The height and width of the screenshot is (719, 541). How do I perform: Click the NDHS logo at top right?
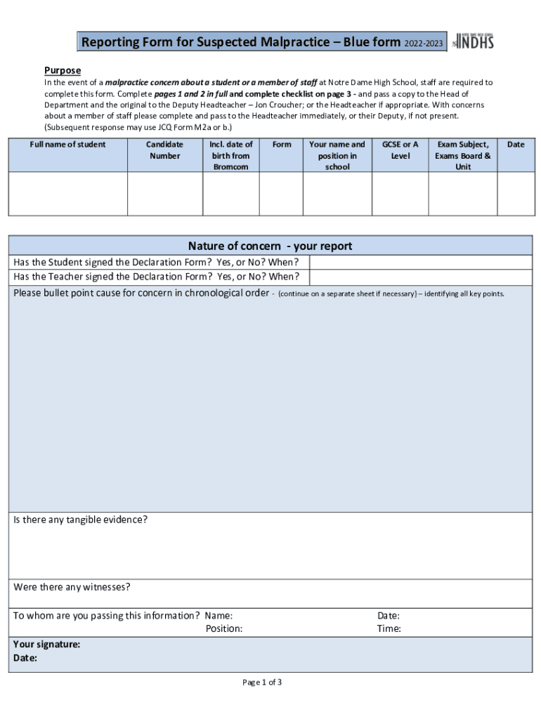(x=474, y=41)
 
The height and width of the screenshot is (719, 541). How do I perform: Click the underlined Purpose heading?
(x=63, y=70)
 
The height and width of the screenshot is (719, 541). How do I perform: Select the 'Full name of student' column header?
(x=67, y=145)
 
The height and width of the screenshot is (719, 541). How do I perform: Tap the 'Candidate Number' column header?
(x=164, y=150)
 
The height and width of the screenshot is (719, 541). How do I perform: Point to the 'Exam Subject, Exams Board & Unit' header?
(x=462, y=155)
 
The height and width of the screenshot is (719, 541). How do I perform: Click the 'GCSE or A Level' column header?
(x=400, y=150)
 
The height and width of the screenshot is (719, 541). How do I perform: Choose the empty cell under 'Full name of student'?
(x=67, y=194)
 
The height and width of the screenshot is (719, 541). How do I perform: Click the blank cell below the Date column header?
(x=516, y=194)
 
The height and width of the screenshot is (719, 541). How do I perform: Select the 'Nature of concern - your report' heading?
(x=270, y=246)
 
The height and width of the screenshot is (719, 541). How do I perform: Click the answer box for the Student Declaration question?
(x=420, y=262)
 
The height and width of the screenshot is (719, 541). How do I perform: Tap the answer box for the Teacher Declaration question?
(x=420, y=277)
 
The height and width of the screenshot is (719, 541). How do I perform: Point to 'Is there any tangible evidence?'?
(x=81, y=520)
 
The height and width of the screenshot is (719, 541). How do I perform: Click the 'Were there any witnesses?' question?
(x=72, y=587)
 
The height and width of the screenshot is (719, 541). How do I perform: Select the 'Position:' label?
(x=224, y=629)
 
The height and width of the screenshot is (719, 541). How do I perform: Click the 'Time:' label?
(x=389, y=629)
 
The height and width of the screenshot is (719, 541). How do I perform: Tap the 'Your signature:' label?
(x=46, y=645)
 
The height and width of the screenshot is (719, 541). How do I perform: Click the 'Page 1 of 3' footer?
(x=262, y=682)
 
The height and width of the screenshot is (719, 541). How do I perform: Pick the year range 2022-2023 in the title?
(x=423, y=44)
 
